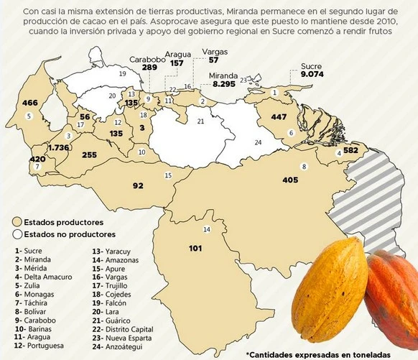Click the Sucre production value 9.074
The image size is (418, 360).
pos(312,74)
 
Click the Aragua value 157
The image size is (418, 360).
pos(176,63)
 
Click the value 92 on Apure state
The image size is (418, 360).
pos(138,185)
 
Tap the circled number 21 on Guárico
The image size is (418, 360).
pos(201,121)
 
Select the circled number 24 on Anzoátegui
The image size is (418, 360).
pos(258,142)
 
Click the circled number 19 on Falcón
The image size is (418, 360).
pos(122,73)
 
